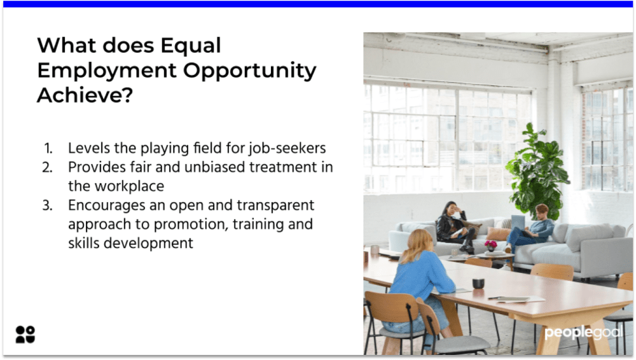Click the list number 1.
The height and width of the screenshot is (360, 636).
pos(48,148)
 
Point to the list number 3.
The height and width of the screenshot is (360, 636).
pos(48,205)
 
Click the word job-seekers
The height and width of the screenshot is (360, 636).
pos(290,149)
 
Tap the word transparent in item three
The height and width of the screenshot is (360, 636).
pos(278,205)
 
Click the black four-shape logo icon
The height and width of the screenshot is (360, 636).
pos(25,335)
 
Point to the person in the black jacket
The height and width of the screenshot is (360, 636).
pos(454,226)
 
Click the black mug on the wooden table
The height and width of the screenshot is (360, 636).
pos(478,283)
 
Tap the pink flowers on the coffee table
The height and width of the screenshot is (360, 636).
pos(490,244)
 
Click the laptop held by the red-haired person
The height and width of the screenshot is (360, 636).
pos(518,222)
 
